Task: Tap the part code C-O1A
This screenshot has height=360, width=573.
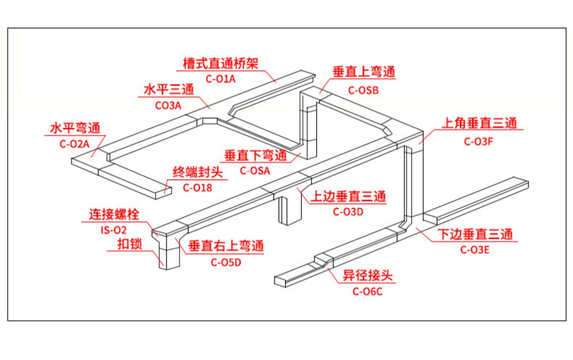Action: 220,78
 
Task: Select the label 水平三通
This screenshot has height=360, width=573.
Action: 168,90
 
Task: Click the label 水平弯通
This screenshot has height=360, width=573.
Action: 75,128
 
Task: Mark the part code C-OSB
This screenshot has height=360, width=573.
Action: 363,90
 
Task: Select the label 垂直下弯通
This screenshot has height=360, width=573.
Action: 255,155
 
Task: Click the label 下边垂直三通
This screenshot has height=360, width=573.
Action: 476,234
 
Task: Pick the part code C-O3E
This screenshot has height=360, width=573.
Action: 475,250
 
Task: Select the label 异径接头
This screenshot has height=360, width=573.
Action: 368,276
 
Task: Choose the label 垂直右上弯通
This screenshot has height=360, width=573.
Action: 226,247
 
